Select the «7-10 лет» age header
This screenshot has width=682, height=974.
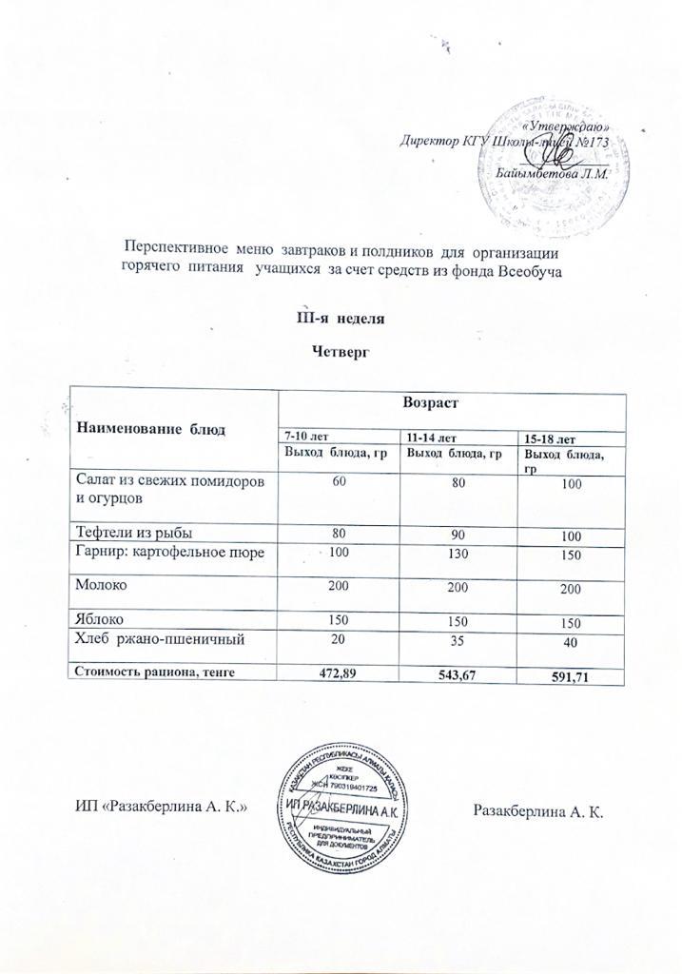pos(298,436)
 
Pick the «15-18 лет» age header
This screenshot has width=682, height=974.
pos(552,438)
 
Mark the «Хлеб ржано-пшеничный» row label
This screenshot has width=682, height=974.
pos(160,638)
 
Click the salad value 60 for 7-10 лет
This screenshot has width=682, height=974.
pos(339,483)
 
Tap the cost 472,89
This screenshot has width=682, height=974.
pos(339,672)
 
